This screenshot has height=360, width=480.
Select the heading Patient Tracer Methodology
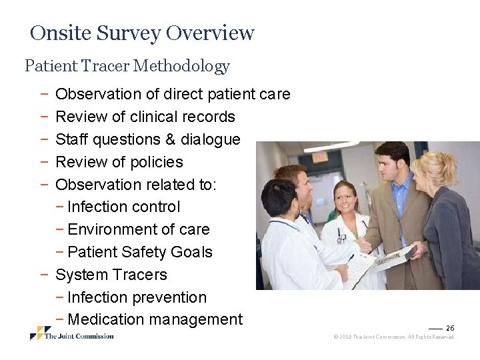127,66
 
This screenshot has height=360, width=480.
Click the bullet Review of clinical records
145,117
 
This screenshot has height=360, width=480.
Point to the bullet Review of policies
119,162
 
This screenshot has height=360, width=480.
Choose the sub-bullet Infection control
123,207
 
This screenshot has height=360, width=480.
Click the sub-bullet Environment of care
138,230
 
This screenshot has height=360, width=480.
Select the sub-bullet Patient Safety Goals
139,252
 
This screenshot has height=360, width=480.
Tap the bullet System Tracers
111,275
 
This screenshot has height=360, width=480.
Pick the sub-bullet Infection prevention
137,297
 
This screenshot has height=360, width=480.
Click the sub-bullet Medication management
155,320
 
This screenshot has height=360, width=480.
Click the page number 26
450,328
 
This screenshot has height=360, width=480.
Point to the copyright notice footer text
393,337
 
